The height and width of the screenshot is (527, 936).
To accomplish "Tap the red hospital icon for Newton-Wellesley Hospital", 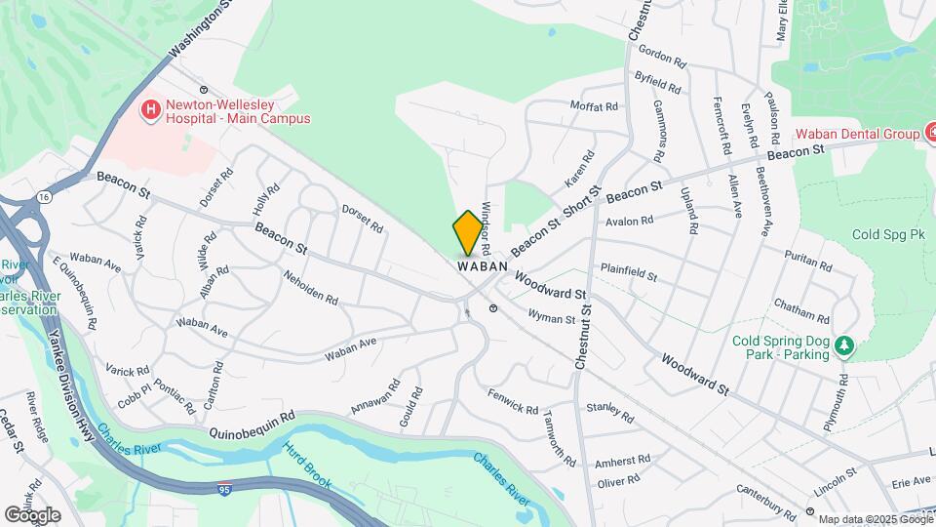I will pyautogui.click(x=151, y=110).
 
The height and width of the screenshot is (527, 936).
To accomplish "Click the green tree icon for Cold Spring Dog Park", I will pyautogui.click(x=845, y=345).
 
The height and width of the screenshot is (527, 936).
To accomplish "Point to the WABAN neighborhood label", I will pyautogui.click(x=482, y=265).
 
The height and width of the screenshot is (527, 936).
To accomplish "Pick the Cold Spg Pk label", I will pyautogui.click(x=888, y=235).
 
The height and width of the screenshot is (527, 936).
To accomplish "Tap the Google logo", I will pyautogui.click(x=32, y=515).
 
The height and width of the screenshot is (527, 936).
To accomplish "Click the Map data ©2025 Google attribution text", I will pyautogui.click(x=875, y=519).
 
